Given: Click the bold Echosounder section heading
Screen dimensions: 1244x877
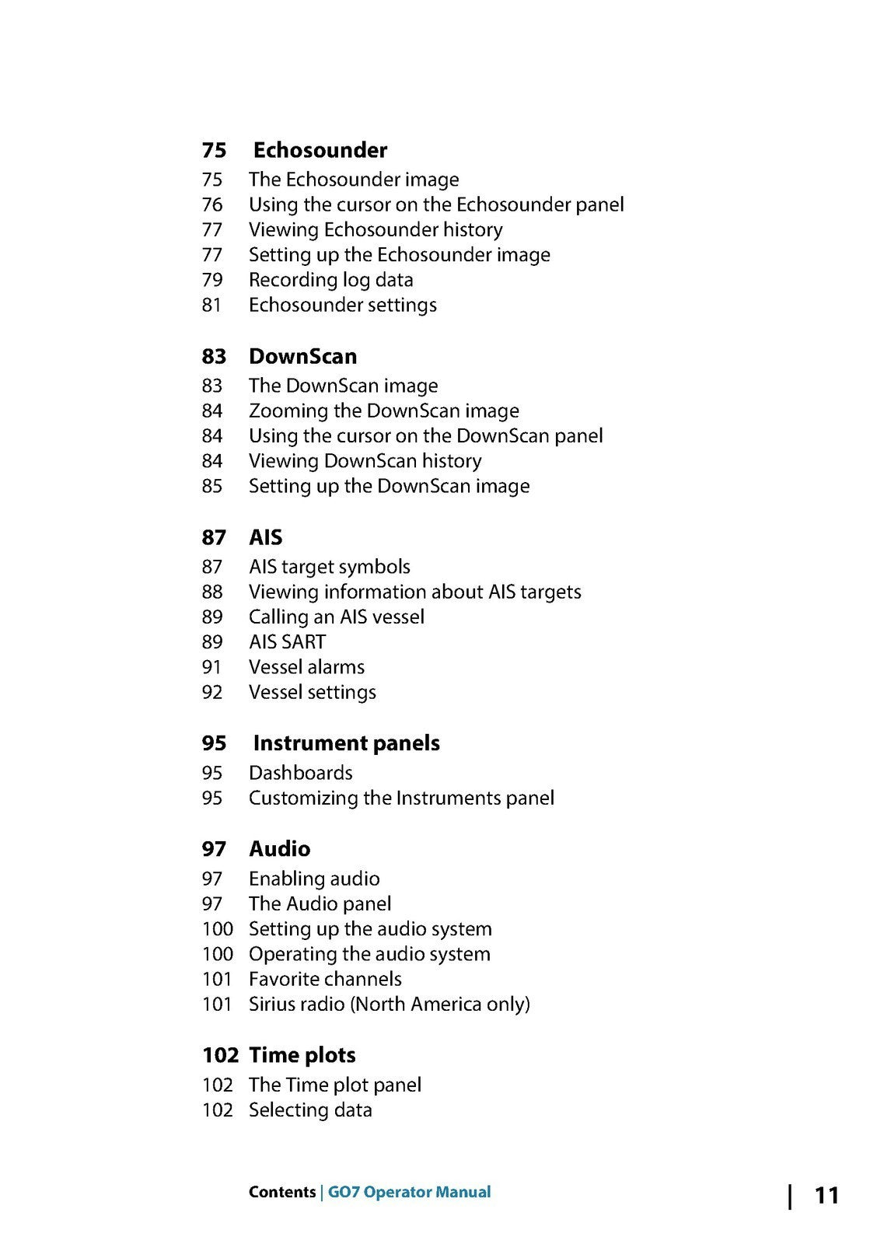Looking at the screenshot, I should tap(320, 150).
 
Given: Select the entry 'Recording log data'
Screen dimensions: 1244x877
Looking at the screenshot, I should tap(330, 280).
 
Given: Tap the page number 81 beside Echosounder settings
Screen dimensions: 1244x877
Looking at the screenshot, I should tap(211, 305).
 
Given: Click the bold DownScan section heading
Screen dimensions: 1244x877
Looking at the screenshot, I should tap(302, 356).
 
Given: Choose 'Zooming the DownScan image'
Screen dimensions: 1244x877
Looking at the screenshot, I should tap(383, 411).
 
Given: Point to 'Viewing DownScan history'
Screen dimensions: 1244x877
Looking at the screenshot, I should tap(365, 461).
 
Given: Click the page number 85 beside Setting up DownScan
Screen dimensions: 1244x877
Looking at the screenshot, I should tap(211, 486).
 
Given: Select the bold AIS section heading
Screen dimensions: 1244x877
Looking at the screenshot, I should tap(265, 537).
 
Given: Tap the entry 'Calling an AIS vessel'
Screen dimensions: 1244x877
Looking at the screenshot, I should tap(336, 617).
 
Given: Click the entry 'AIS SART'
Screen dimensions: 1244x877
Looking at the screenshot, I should tap(287, 642).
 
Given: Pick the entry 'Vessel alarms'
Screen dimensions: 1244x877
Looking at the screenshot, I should tap(306, 667).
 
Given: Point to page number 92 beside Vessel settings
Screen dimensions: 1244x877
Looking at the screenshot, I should tap(211, 692).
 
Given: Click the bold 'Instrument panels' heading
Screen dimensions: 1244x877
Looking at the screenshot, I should tap(346, 743).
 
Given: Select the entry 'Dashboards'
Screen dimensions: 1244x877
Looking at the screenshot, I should tap(300, 773).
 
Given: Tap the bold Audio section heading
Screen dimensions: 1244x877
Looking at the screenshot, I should tap(279, 849).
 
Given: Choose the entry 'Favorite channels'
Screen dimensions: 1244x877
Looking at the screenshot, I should tap(325, 979).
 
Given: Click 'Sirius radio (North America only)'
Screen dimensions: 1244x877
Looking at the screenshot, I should tap(389, 1004).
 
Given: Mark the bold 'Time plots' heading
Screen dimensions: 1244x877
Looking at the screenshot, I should tap(302, 1055).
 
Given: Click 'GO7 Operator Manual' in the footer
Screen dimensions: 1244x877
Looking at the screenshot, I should tap(409, 1192).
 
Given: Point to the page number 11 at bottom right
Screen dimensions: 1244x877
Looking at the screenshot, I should tap(826, 1195).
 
